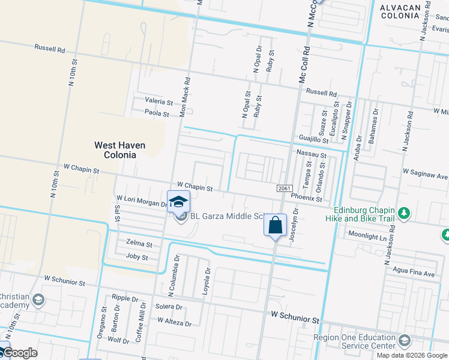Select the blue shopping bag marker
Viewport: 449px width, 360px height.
click(x=276, y=226)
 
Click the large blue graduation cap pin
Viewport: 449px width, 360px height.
click(x=178, y=203)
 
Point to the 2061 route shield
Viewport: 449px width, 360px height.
click(x=285, y=188)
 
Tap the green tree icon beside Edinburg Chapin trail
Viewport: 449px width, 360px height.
click(x=405, y=214)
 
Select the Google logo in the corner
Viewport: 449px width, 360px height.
click(x=19, y=353)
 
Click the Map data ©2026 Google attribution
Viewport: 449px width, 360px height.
click(x=411, y=355)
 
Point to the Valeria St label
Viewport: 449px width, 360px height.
click(x=158, y=102)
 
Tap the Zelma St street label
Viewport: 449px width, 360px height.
click(x=139, y=244)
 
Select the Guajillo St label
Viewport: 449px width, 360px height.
click(x=313, y=139)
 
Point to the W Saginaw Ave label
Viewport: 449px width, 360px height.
click(x=426, y=176)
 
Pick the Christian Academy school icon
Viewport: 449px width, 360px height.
click(x=38, y=300)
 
